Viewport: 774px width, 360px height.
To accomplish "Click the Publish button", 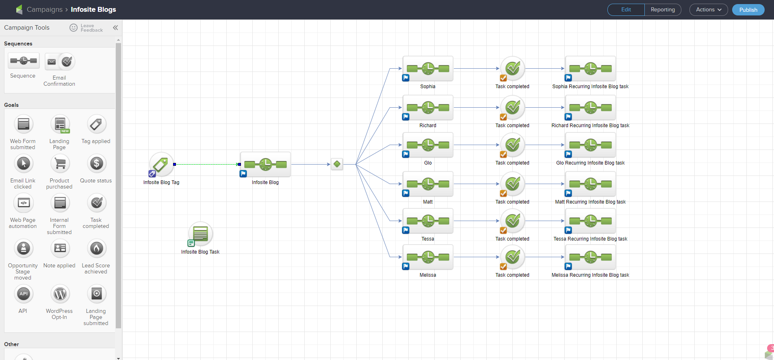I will click(748, 10).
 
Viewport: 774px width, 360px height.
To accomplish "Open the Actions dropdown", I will click(709, 10).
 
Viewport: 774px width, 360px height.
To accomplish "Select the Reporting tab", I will click(662, 10).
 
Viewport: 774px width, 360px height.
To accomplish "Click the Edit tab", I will click(626, 10).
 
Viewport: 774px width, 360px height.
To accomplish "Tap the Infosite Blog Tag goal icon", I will click(161, 165).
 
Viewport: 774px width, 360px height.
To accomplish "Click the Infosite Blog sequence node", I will click(265, 165).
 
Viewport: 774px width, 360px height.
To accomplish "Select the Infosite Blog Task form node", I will click(200, 234).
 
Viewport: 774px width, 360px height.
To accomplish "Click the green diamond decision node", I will click(337, 164).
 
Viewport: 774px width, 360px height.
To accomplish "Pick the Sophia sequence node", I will click(428, 69).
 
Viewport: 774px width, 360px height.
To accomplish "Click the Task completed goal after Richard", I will click(512, 108).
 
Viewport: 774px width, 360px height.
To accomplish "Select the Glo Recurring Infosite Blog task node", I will click(590, 145).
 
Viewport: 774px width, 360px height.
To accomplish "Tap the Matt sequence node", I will click(428, 184).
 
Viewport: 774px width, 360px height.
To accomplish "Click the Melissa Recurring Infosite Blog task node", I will click(590, 257).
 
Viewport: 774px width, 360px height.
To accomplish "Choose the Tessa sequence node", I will click(428, 221).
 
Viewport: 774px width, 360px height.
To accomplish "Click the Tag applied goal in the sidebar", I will click(96, 125).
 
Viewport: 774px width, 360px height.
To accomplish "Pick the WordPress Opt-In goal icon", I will click(60, 294).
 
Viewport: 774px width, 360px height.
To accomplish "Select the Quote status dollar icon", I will click(96, 164).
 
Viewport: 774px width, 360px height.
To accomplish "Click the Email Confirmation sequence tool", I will click(60, 62).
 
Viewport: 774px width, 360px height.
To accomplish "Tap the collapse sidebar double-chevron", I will click(115, 28).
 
